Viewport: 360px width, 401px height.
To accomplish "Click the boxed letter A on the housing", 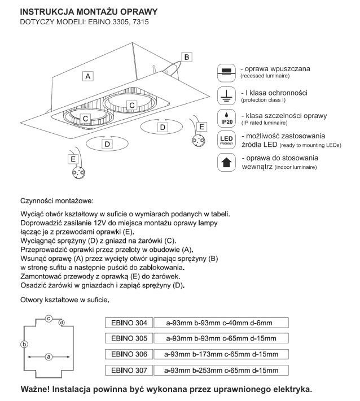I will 89,75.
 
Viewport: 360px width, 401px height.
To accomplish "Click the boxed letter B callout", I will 188,56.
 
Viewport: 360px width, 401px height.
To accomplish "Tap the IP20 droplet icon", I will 226,117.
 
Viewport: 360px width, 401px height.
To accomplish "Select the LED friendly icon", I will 226,140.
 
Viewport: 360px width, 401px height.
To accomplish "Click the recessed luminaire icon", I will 226,71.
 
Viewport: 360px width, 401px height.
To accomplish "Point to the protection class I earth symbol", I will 226,94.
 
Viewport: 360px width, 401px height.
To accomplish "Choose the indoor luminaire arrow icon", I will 226,163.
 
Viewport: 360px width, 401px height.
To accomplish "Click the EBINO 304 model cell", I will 129,323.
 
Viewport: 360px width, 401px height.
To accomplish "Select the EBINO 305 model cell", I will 129,339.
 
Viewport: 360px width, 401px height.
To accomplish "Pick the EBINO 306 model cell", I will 129,355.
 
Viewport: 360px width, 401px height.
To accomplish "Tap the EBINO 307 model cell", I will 129,371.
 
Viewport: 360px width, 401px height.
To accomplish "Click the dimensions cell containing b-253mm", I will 221,371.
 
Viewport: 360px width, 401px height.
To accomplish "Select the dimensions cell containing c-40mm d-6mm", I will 221,323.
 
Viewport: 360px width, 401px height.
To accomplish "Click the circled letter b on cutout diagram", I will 24,344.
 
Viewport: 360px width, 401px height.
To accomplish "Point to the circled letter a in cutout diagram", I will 49,357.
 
